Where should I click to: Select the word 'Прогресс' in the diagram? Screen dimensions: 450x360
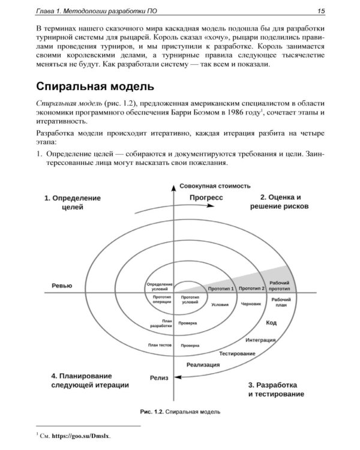pyautogui.click(x=206, y=197)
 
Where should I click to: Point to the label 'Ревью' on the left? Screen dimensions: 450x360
pyautogui.click(x=62, y=286)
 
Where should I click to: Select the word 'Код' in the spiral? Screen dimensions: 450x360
pyautogui.click(x=271, y=323)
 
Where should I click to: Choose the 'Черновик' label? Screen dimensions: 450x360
pyautogui.click(x=250, y=304)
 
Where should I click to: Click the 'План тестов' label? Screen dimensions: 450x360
pyautogui.click(x=160, y=346)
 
